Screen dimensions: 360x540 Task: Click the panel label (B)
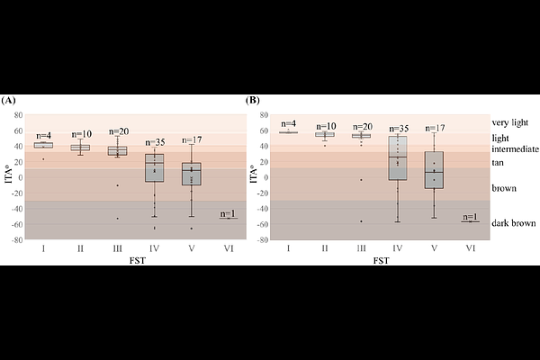click(x=253, y=100)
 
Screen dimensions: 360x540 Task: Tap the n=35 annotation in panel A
click(x=154, y=142)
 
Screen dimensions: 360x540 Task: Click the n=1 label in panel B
click(x=470, y=216)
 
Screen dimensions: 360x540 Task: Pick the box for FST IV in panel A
click(x=154, y=168)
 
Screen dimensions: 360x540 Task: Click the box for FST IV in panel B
click(x=398, y=158)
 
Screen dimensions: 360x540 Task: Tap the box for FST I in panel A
click(x=43, y=145)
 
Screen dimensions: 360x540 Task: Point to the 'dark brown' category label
click(x=514, y=223)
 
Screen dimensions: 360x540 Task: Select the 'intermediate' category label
click(x=516, y=148)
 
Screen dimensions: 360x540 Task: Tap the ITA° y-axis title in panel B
click(x=254, y=177)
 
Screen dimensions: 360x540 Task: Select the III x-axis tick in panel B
click(x=361, y=249)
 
